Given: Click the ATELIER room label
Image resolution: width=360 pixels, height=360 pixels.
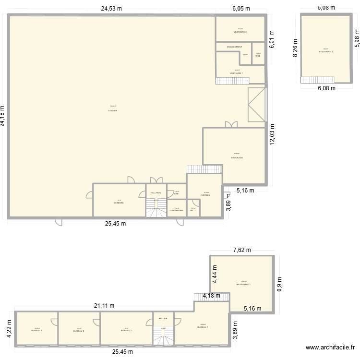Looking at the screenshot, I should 113,110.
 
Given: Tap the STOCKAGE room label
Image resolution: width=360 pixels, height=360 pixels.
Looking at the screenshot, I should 237,157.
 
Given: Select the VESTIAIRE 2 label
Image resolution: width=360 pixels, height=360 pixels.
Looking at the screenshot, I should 240,32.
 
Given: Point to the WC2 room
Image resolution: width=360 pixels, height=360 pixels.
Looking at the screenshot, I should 258,56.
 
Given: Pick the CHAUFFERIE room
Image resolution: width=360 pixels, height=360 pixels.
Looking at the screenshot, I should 177,210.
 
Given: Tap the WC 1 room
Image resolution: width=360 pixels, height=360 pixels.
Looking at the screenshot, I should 193,210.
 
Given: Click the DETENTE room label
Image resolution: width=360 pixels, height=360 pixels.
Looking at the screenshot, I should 119,203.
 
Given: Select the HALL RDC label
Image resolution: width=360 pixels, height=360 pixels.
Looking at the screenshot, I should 156,192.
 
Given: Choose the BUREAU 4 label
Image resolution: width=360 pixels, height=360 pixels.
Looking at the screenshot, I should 37,331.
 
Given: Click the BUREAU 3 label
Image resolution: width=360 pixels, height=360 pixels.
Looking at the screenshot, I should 79,331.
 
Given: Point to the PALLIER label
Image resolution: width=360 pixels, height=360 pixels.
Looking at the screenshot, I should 163,318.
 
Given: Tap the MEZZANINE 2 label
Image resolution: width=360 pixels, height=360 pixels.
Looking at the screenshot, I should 325,51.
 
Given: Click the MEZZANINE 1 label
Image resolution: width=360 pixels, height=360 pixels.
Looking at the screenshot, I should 243,284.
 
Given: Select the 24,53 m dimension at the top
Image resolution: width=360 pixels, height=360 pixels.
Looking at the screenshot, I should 111,8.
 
